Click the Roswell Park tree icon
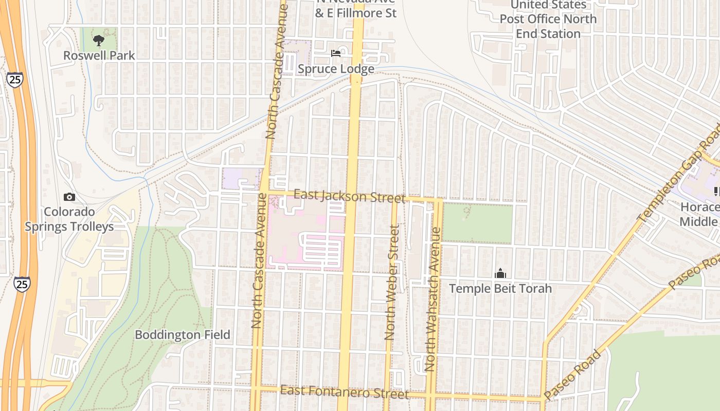point(99,40)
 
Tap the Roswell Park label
point(99,55)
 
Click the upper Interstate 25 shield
point(15,79)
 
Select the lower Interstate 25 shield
point(22,284)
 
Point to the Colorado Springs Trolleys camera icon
point(69,197)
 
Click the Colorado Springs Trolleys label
point(69,219)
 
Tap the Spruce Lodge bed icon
point(336,53)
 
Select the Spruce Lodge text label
point(336,69)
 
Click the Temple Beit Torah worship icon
point(500,274)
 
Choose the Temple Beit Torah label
point(500,288)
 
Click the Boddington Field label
point(182,335)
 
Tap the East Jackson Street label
point(349,196)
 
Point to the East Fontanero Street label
point(344,393)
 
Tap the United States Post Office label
point(548,19)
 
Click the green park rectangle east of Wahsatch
point(477,223)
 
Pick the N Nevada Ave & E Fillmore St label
point(355,9)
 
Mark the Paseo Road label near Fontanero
point(572,375)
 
